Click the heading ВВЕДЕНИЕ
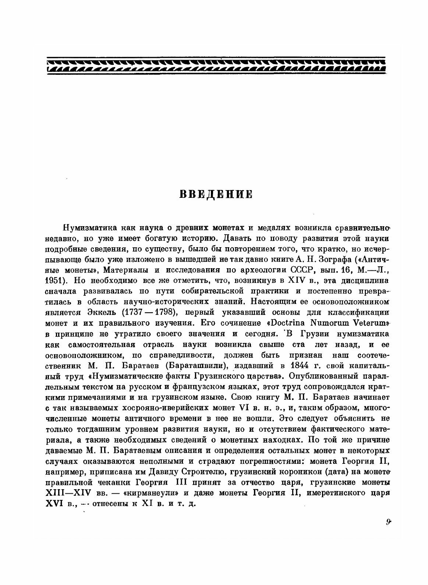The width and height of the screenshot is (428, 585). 216,194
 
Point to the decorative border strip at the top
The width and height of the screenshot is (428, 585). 216,65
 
